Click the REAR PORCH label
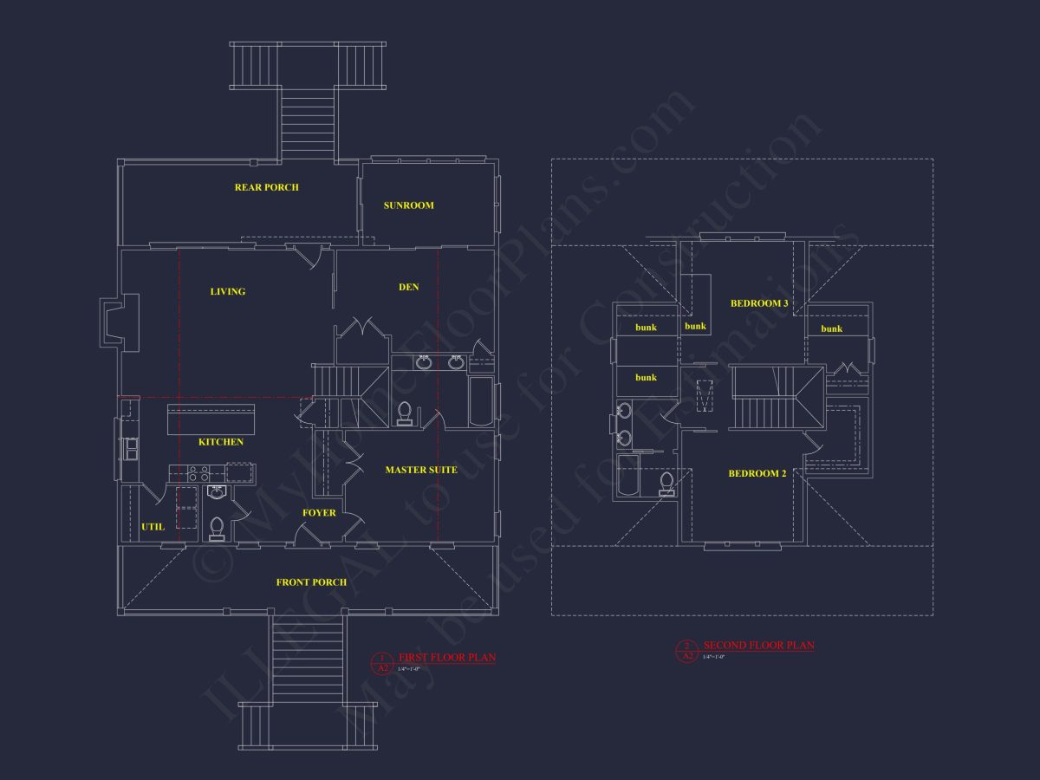point(266,187)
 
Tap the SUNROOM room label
point(408,205)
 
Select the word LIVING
point(228,291)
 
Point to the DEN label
point(408,287)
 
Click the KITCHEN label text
point(221,442)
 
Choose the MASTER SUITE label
point(421,470)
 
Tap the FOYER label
point(318,513)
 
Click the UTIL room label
point(153,526)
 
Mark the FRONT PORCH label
point(311,582)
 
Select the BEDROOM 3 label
point(759,303)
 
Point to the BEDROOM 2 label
point(757,473)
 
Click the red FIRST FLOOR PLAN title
point(446,658)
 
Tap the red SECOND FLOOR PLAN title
point(758,646)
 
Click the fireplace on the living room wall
point(120,322)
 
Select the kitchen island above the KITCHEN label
point(212,420)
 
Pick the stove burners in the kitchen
point(198,473)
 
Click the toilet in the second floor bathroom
point(666,484)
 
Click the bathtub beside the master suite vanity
point(481,400)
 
